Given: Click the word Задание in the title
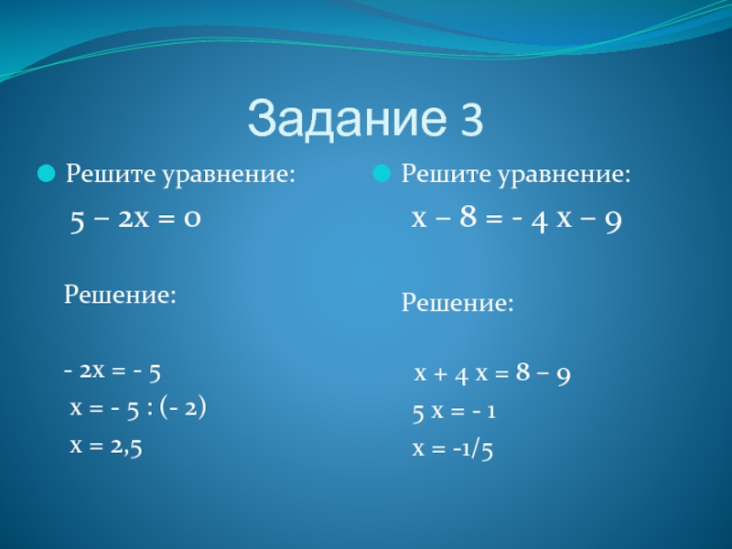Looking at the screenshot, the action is point(347,118).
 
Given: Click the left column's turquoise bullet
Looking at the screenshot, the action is point(47,174).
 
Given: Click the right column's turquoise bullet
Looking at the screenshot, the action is point(382,174).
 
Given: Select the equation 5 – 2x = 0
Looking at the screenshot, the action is point(135,220).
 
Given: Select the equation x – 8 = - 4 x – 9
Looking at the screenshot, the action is point(516,219).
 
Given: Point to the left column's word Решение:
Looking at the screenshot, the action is point(120,295).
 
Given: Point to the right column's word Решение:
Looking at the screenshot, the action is point(457,303).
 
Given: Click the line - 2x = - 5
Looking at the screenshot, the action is point(112,372).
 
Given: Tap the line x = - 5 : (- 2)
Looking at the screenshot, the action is point(138,408).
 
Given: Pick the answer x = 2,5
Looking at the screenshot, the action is point(106,447).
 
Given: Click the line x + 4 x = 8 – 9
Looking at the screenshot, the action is point(492,373).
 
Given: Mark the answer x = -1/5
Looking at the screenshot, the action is point(452,448).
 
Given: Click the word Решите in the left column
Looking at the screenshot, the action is point(111,174).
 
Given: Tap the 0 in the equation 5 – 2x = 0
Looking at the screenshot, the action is point(192,219).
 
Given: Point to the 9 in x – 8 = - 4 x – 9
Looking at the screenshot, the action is point(613,221).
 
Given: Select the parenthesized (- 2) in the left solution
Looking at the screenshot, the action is point(183,408).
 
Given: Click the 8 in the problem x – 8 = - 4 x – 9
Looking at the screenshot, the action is point(468,217).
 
